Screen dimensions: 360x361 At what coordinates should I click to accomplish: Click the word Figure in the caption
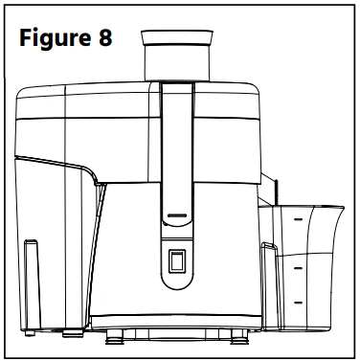(56, 40)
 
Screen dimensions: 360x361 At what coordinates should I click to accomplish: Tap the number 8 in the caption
(104, 40)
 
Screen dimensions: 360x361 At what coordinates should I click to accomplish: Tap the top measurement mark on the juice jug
(297, 220)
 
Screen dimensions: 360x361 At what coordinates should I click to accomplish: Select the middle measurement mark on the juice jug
(297, 271)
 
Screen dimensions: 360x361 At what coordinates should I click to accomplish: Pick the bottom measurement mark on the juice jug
(297, 304)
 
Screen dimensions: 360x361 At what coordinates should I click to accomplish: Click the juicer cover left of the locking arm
(105, 124)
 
